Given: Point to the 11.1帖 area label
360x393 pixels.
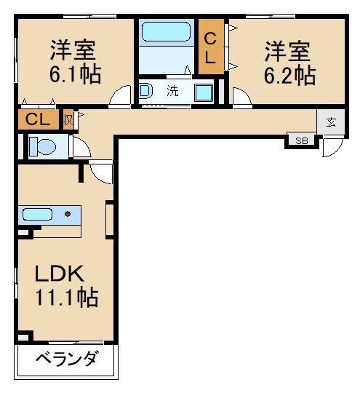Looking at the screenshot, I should coord(67,298).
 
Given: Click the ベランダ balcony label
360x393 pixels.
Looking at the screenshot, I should coord(66,362).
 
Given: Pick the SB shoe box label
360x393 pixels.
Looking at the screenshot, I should coord(301,140).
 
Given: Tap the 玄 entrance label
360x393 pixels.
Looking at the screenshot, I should coord(331,122).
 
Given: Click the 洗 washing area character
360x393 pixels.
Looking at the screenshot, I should coord(172,92).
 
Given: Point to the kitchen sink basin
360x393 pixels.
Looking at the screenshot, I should coord(36,214).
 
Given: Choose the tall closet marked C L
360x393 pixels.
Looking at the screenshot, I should coord(210,48).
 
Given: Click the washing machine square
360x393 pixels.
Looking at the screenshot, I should coord(203,92).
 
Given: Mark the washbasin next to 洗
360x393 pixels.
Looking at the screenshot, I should coord(145,92).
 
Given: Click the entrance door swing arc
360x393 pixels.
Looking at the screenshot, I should coord(332,148).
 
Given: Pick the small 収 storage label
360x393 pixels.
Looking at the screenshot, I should coord(68,119).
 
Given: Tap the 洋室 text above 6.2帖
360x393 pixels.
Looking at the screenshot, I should coord(287,52).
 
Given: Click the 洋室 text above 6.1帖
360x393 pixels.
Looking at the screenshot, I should coord(73,52).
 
